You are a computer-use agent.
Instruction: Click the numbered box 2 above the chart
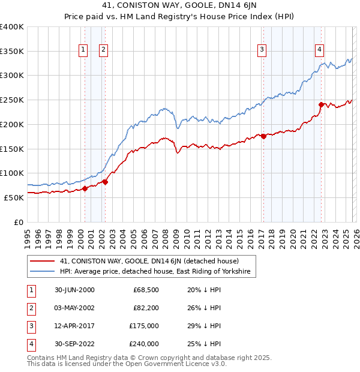point(103,50)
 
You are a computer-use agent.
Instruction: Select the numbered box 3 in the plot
point(262,50)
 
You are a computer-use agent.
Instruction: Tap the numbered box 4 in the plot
point(320,50)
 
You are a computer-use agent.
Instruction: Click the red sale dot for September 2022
point(322,104)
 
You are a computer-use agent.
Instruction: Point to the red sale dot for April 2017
point(263,136)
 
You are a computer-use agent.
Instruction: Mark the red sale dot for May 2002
point(105,182)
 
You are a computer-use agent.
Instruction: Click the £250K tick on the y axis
point(12,100)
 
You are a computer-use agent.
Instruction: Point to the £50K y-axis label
point(14,197)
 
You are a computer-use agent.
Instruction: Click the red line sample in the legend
point(42,261)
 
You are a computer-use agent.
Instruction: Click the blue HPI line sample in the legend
point(42,272)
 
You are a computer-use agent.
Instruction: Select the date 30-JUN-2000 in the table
point(74,290)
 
